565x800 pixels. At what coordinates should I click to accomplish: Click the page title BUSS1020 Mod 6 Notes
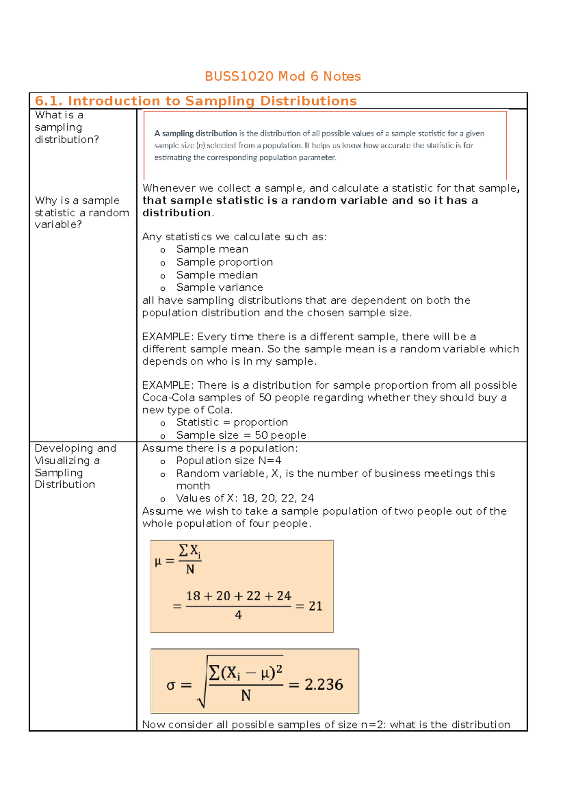(282, 76)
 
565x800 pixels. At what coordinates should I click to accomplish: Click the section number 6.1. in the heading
(49, 101)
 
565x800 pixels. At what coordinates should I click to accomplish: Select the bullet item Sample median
(217, 275)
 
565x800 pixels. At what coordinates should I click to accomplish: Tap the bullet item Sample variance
(219, 287)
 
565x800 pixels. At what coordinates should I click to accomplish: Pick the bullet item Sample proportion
(224, 262)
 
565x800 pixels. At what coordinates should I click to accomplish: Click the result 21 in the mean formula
(315, 606)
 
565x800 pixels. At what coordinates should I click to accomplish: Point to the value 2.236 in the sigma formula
(323, 685)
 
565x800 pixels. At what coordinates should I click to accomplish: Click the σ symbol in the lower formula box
(171, 686)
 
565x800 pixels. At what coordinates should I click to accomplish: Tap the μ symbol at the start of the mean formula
(158, 561)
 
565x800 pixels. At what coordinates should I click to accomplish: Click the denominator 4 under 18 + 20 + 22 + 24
(238, 615)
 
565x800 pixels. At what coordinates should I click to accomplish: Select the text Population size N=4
(228, 461)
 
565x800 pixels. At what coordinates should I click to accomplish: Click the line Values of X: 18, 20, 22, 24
(245, 498)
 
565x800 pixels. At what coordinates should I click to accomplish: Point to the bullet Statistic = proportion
(232, 423)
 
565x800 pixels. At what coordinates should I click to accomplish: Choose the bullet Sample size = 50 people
(241, 435)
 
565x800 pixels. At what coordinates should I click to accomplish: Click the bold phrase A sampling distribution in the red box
(195, 133)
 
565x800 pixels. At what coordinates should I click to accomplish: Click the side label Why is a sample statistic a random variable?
(81, 212)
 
